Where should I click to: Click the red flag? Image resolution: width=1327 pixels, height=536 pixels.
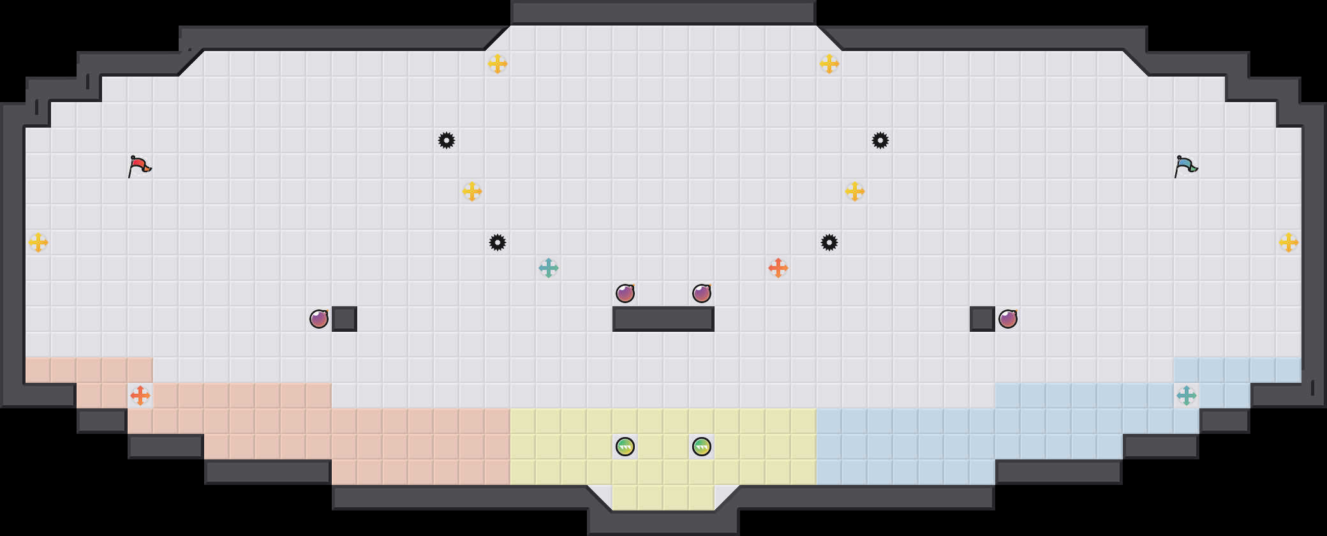[139, 166]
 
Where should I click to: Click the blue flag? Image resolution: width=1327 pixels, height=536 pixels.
[1185, 166]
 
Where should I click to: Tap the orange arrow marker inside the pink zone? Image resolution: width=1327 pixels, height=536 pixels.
[140, 396]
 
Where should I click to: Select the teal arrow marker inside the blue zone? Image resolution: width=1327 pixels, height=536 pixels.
[1187, 396]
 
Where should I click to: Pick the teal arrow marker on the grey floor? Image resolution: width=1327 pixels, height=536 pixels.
[549, 268]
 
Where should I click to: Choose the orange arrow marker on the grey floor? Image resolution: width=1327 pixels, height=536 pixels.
[778, 268]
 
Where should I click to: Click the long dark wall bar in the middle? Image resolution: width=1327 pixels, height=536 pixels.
[663, 319]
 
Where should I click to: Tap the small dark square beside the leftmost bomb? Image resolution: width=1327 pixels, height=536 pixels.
[345, 319]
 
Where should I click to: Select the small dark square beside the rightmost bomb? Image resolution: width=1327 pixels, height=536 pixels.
[982, 319]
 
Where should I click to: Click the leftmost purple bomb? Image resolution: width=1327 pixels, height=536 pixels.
[319, 319]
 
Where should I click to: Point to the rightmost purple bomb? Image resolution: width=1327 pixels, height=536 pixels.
[1008, 319]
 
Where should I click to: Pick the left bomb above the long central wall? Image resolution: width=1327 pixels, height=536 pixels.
[625, 294]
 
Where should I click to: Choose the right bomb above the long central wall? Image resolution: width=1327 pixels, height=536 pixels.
[702, 294]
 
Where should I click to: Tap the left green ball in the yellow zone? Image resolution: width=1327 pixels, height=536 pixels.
[625, 447]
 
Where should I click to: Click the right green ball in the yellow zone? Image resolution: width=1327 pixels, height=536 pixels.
[702, 447]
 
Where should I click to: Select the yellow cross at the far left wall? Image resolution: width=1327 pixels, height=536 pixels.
[38, 242]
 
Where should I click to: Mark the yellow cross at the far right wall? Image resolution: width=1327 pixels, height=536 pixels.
[1289, 242]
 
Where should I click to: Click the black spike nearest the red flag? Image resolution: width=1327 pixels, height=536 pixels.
[447, 140]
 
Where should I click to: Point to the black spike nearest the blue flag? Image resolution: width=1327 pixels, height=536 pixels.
[880, 140]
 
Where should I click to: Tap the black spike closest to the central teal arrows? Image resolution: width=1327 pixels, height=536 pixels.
[498, 242]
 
